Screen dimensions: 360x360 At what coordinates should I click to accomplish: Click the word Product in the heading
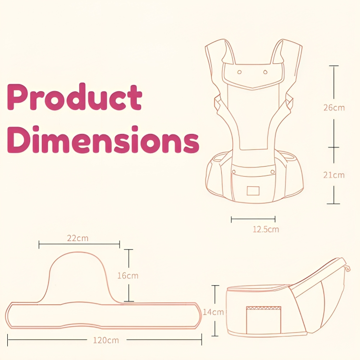pos(74,97)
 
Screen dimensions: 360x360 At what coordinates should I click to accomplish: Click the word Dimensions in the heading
pos(103,139)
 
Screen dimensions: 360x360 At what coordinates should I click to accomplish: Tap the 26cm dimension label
pos(334,108)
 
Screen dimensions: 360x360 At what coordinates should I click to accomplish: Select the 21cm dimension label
pos(334,175)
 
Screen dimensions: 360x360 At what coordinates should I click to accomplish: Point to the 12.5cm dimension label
pos(266,229)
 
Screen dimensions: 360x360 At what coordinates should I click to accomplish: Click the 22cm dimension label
pos(78,238)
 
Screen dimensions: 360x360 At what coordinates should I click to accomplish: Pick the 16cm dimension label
pos(128,276)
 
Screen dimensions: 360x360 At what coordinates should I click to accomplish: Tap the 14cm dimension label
pos(213,312)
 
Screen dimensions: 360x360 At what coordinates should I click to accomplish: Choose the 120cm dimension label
pos(106,340)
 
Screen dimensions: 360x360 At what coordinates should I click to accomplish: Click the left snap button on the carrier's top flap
pos(240,72)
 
